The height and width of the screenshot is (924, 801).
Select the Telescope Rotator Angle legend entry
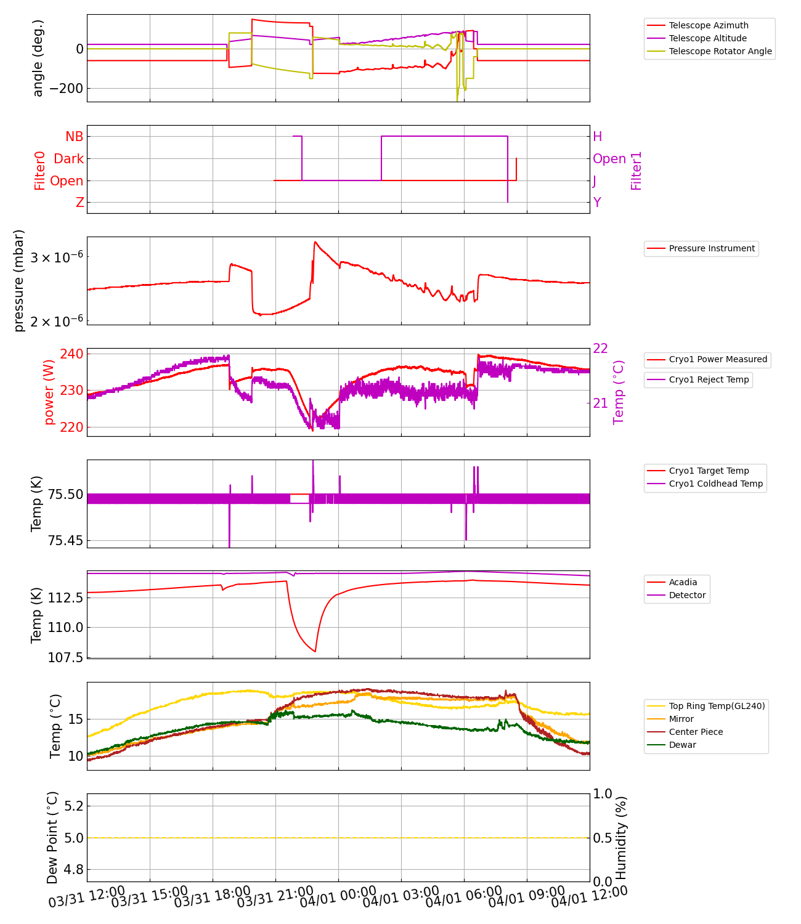point(720,51)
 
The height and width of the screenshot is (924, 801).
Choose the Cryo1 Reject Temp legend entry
point(709,379)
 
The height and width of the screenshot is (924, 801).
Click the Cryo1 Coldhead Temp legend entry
point(715,484)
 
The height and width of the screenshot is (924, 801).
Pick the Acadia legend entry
point(683,582)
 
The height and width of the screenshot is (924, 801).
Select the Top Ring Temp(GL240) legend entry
point(717,706)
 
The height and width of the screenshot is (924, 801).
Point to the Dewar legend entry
point(682,745)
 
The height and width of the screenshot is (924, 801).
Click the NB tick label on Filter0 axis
point(74,137)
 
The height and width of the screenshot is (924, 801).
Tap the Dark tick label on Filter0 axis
point(68,159)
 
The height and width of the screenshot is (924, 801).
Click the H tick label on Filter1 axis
point(597,137)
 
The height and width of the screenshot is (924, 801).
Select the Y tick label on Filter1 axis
point(596,203)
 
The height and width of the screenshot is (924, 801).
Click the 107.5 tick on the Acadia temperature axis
point(64,658)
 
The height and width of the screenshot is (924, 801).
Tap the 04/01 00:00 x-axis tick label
point(338,898)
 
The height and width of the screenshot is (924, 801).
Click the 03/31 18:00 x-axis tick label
point(212,898)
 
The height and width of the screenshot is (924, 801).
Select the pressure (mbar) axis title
point(19,280)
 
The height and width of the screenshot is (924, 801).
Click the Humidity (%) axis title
point(621,838)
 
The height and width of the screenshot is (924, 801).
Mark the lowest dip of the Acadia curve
point(315,652)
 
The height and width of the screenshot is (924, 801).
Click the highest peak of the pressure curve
point(315,242)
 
